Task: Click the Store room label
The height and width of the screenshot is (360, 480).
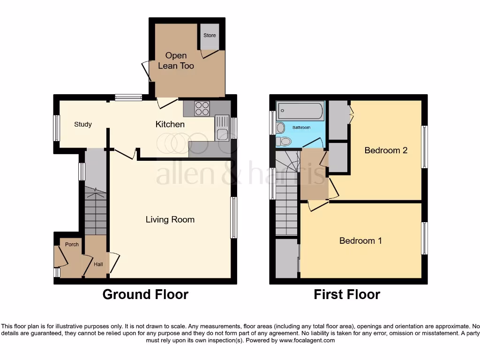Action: (x=210, y=35)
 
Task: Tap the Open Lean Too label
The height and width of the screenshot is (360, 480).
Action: (x=176, y=61)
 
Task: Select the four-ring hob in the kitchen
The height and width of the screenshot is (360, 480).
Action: (x=202, y=108)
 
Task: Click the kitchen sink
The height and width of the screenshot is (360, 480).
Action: (x=222, y=128)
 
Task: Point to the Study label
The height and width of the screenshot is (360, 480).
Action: (x=83, y=124)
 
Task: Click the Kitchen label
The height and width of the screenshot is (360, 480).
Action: (x=170, y=124)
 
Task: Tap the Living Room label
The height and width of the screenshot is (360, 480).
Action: (x=170, y=219)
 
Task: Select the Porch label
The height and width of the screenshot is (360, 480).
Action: (x=72, y=244)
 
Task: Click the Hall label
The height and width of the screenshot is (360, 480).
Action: (x=98, y=264)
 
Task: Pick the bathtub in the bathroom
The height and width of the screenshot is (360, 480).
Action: (x=300, y=112)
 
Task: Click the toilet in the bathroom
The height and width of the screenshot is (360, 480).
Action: (x=284, y=141)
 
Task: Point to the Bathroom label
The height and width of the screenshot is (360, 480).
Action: (x=301, y=127)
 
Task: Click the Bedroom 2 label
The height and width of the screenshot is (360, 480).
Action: (x=386, y=150)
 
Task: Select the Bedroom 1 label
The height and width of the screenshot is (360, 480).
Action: (x=360, y=240)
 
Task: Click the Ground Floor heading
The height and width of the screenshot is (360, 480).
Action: (x=145, y=294)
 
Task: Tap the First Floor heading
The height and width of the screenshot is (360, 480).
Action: (x=347, y=294)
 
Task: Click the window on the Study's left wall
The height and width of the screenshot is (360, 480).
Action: (x=56, y=127)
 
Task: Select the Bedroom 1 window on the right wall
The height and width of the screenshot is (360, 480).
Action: (x=424, y=238)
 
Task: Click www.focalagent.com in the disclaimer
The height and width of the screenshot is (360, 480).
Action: (x=307, y=341)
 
